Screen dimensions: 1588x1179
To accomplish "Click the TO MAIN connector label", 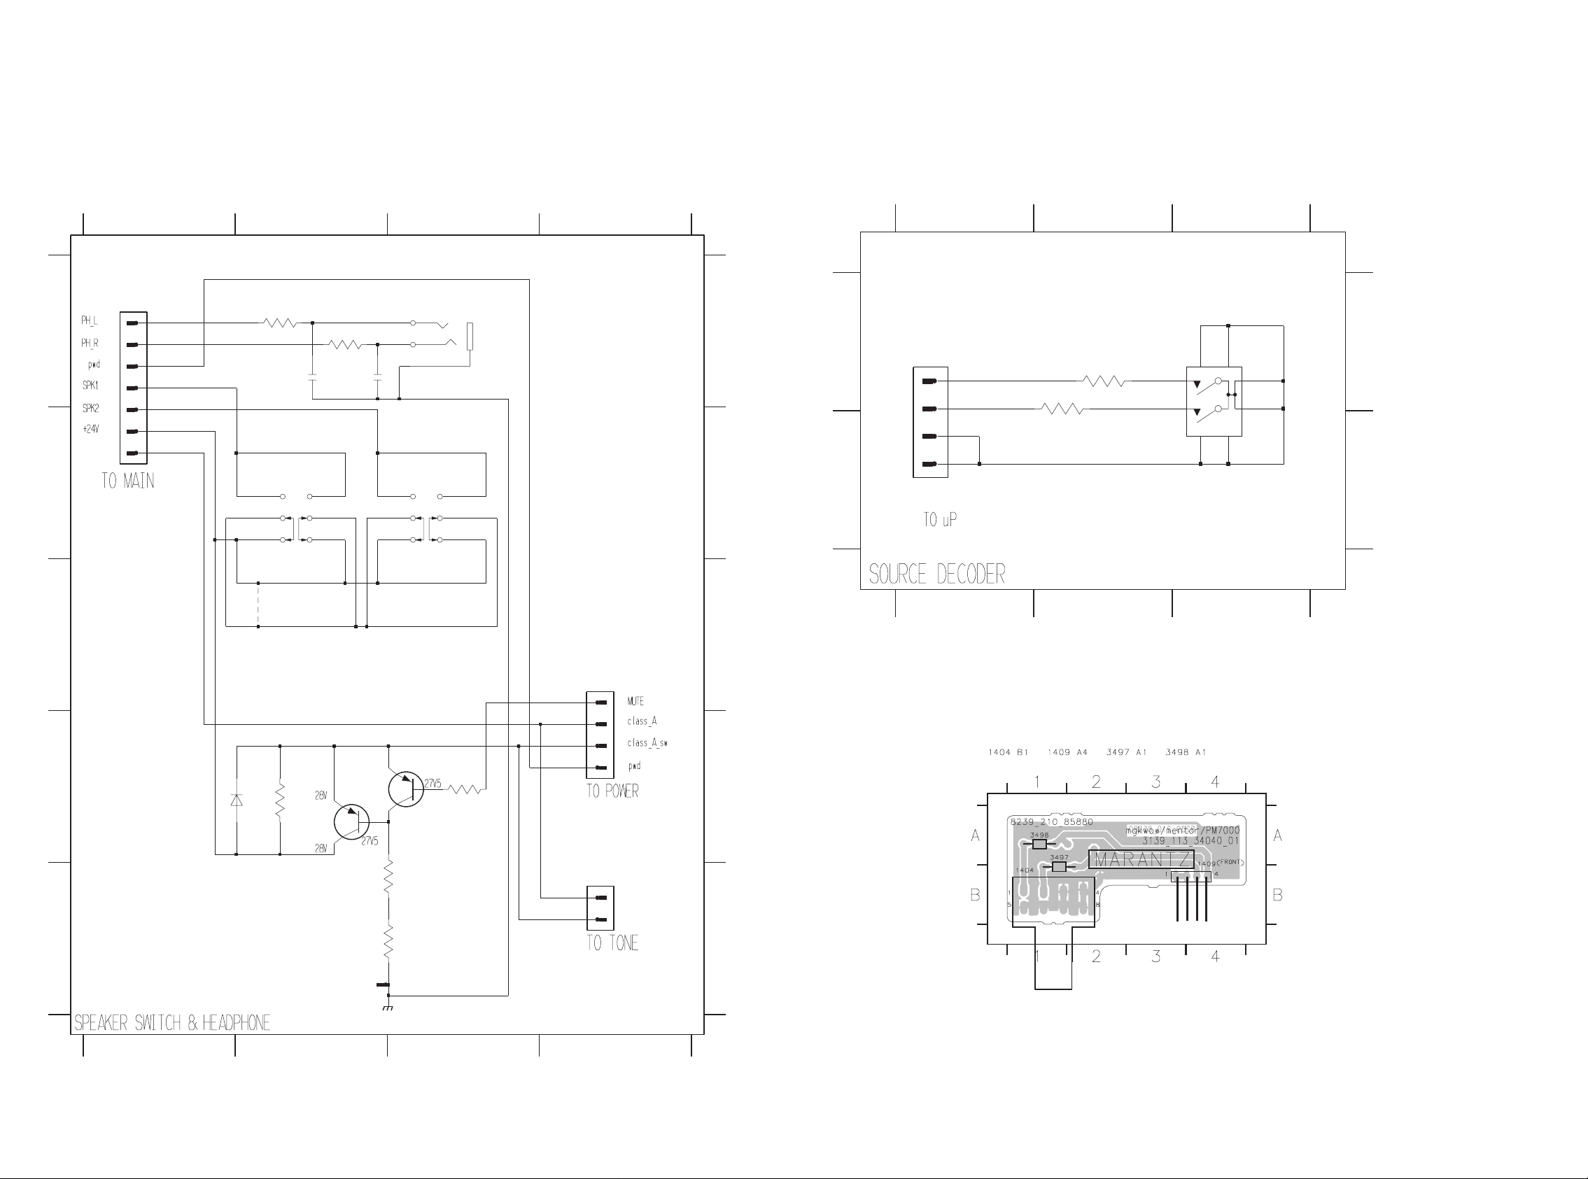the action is click(x=128, y=481).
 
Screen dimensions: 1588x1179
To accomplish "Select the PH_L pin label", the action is click(x=89, y=321).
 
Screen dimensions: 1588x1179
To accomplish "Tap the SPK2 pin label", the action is click(x=91, y=408).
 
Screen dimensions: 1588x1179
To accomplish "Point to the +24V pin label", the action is click(x=91, y=430).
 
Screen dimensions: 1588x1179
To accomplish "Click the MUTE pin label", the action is click(x=635, y=702).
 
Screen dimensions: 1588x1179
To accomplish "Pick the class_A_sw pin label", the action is click(x=647, y=743).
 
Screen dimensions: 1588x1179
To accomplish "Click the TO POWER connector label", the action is click(x=612, y=791).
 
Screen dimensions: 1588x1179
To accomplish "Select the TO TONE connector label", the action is click(x=612, y=943).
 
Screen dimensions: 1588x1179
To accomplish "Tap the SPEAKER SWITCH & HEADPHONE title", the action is click(x=172, y=1024).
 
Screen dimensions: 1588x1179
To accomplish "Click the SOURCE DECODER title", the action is click(x=936, y=574).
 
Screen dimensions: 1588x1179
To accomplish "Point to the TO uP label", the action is click(x=940, y=520).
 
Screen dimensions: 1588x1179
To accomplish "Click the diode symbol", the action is click(x=237, y=800).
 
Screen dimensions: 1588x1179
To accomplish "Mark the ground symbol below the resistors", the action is click(x=388, y=1008).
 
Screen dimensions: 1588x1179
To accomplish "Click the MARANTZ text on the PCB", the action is click(x=1141, y=859).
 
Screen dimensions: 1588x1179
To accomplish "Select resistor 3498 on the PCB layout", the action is click(x=1040, y=844).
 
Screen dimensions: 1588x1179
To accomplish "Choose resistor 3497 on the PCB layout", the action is click(x=1059, y=866).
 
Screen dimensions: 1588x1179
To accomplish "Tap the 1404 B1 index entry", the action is click(x=1008, y=752).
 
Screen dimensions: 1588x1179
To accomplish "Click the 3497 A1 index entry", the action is click(x=1126, y=752).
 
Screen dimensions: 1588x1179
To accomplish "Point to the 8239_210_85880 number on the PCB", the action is click(x=1051, y=822).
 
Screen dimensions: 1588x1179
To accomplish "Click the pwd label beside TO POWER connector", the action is click(x=635, y=766).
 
